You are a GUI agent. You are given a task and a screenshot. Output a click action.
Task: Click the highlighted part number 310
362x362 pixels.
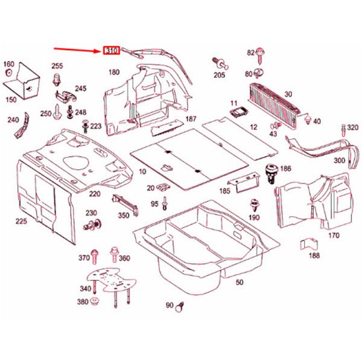click(112, 50)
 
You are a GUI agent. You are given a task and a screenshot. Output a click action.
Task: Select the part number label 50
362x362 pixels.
click(239, 282)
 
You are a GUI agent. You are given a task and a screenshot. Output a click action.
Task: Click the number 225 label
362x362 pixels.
click(22, 222)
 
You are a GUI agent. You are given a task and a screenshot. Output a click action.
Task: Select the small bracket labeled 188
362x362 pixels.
click(309, 246)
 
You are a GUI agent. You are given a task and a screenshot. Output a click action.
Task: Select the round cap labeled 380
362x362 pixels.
click(95, 302)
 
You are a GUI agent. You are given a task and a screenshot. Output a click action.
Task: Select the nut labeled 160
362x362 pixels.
click(9, 73)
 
